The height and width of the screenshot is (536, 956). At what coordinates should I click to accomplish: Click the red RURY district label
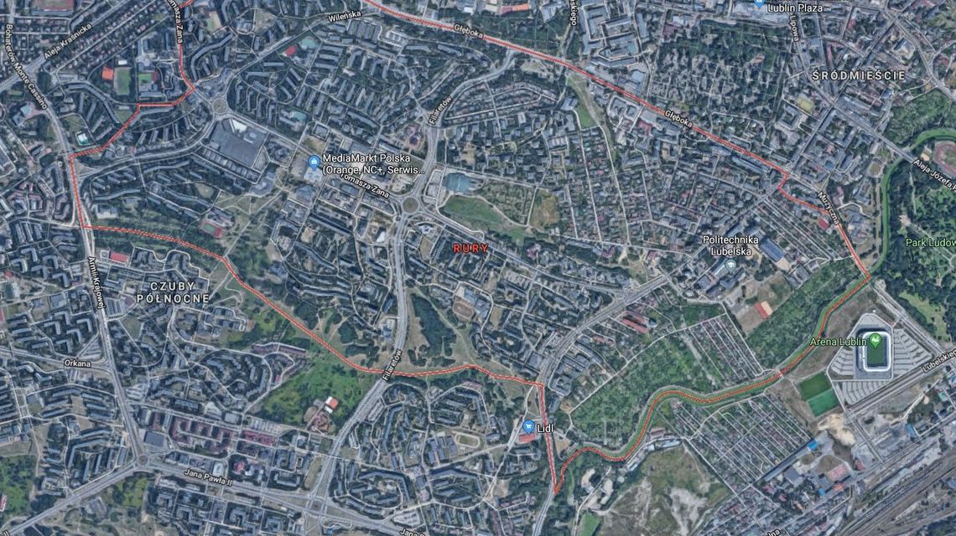click(x=470, y=249)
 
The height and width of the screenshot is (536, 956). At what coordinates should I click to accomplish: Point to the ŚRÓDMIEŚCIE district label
click(x=858, y=75)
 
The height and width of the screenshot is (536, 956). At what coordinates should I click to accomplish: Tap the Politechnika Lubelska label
click(x=730, y=245)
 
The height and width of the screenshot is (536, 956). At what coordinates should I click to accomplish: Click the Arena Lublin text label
click(x=839, y=342)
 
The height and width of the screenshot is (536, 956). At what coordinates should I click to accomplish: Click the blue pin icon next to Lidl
click(x=528, y=426)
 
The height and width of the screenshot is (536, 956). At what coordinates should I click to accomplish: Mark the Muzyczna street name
click(x=829, y=206)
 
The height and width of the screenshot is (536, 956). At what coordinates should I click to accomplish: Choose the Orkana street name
click(x=76, y=363)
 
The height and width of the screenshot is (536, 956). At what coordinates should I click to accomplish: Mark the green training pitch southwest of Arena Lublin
click(x=814, y=388)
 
